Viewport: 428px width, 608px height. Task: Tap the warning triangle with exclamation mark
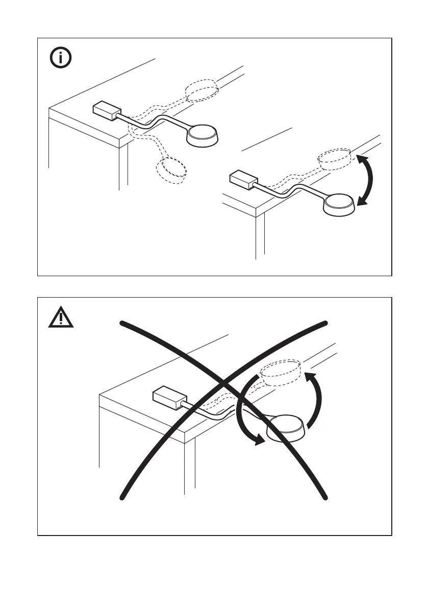click(61, 318)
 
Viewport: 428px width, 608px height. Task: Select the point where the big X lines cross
click(224, 384)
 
